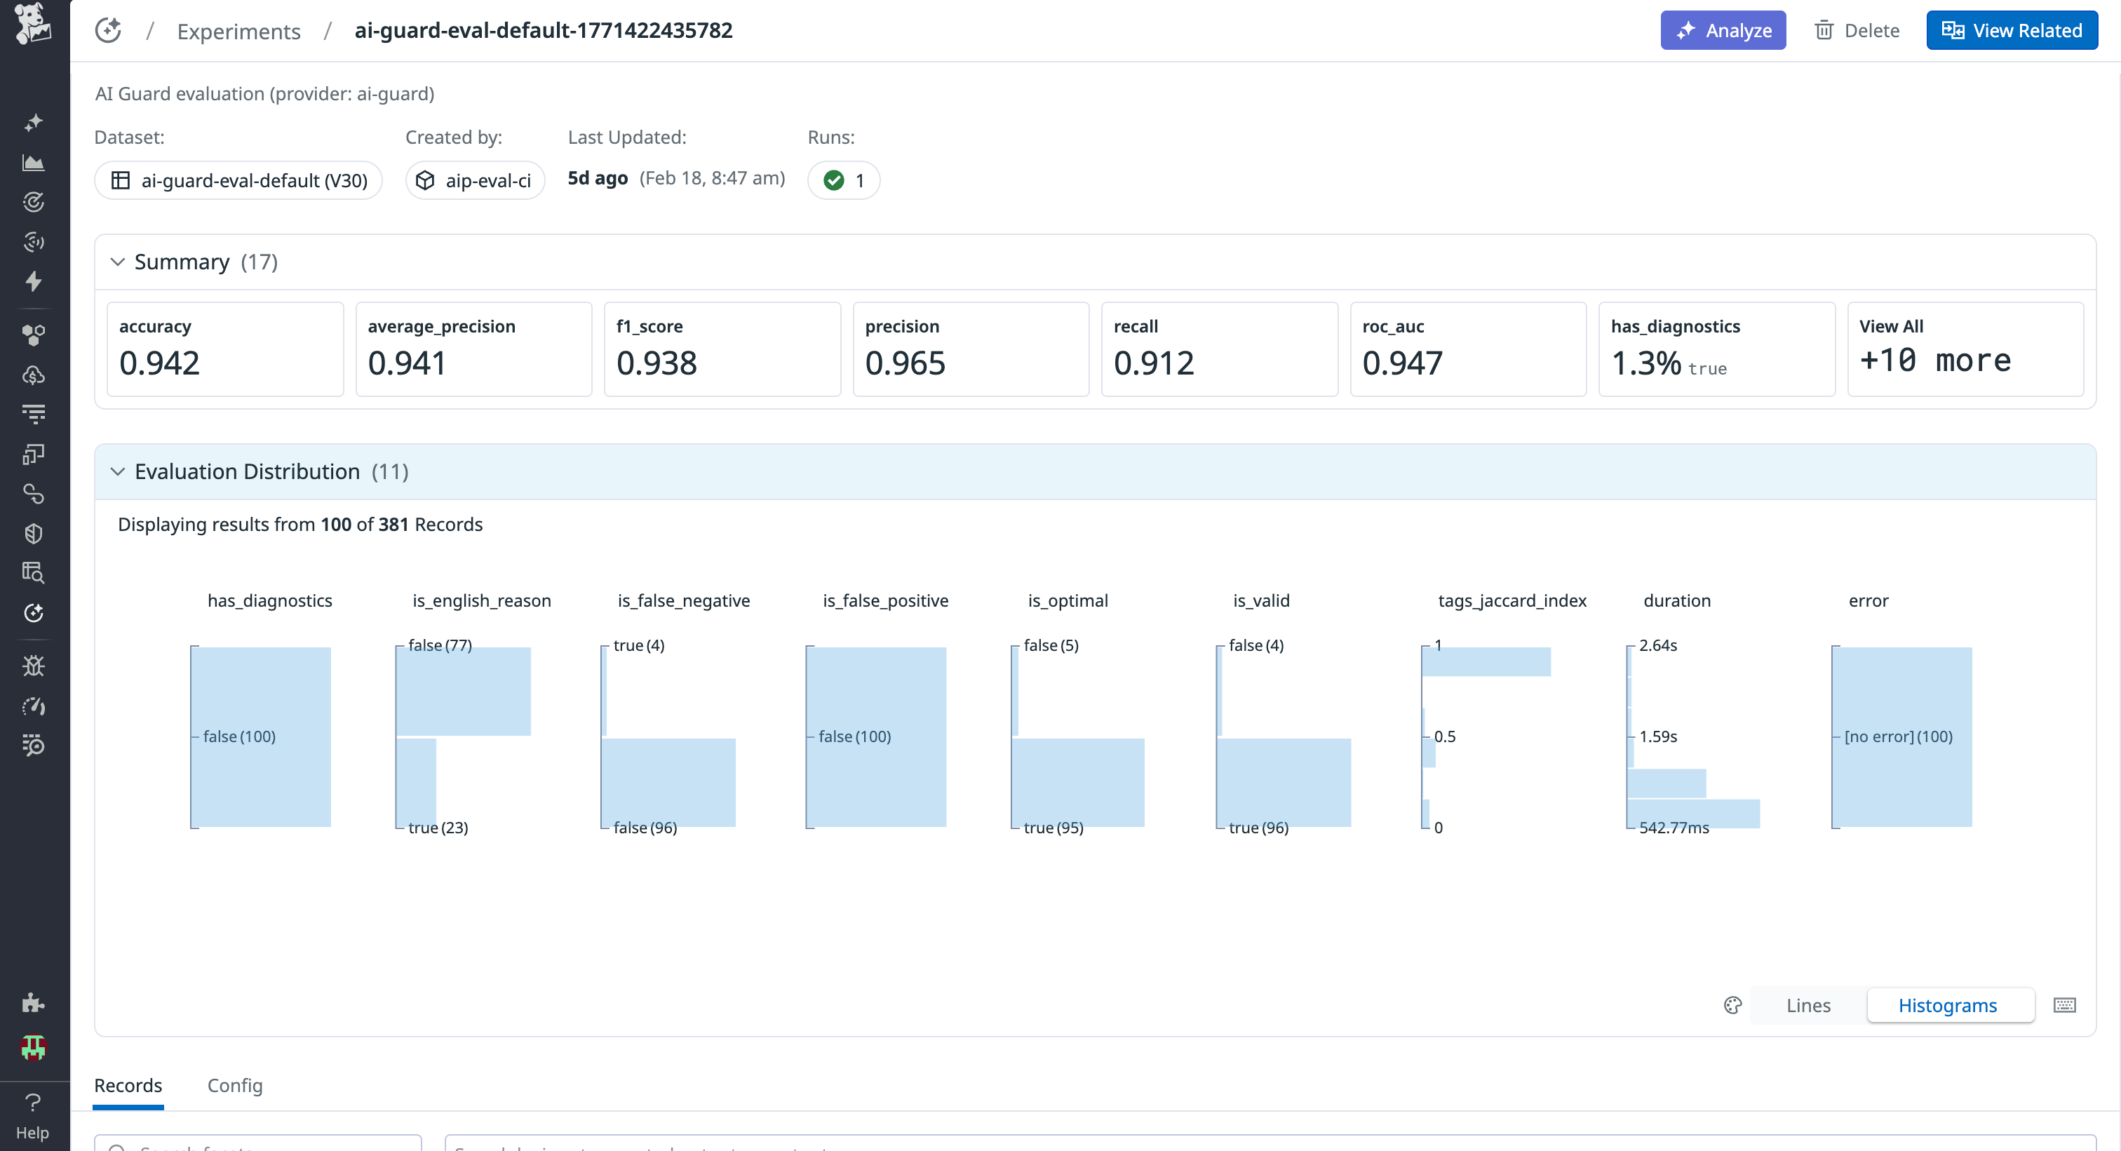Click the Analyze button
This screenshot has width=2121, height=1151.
click(x=1723, y=30)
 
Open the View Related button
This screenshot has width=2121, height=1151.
click(x=2012, y=30)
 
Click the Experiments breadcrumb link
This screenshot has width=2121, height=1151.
click(x=238, y=32)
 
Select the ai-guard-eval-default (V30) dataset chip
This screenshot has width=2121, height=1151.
click(x=238, y=180)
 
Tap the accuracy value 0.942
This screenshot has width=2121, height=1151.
click(x=160, y=363)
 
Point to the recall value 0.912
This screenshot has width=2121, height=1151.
click(x=1154, y=363)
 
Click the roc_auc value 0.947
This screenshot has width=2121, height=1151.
click(x=1402, y=363)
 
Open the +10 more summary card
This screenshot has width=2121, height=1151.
click(x=1965, y=349)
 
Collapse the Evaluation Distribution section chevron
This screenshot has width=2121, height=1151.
click(x=118, y=472)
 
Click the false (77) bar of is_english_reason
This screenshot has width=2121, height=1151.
click(x=464, y=692)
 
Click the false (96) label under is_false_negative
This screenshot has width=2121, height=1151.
click(x=645, y=828)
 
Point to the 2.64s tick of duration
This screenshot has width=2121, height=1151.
click(x=1657, y=645)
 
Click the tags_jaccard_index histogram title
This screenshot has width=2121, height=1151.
click(x=1511, y=600)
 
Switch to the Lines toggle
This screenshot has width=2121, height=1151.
click(x=1808, y=1005)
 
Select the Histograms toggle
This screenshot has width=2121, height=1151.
click(x=1947, y=1005)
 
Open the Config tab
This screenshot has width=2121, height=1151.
click(x=235, y=1085)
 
